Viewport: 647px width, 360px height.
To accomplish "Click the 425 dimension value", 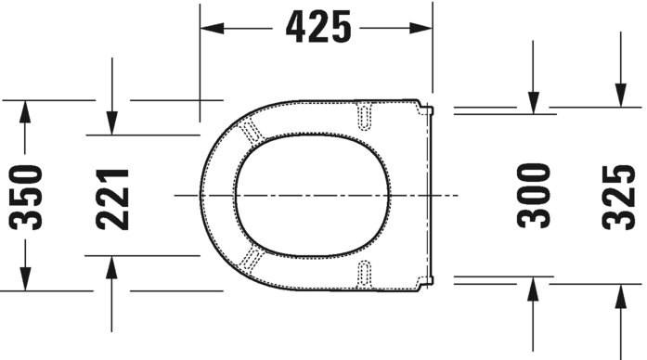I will click(318, 28).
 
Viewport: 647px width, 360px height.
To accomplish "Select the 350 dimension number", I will click(25, 197).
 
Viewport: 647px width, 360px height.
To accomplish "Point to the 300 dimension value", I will click(534, 196).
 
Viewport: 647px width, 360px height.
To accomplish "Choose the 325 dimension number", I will click(617, 196).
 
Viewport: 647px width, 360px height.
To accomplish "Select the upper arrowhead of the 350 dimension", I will click(25, 112).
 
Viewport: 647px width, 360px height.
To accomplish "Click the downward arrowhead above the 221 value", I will click(111, 122).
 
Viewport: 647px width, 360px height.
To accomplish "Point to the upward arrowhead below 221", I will click(111, 268).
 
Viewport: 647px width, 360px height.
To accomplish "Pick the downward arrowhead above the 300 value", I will click(534, 101).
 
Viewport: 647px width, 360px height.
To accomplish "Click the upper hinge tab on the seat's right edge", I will click(428, 111).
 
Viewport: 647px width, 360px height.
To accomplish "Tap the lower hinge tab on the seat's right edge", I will click(428, 280).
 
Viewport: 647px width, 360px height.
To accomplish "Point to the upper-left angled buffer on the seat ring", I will click(251, 133).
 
